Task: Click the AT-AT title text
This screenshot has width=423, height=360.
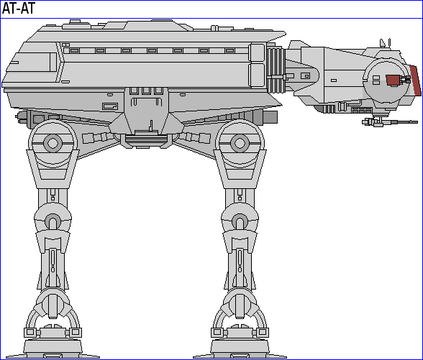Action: [19, 9]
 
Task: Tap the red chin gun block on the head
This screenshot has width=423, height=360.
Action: [393, 80]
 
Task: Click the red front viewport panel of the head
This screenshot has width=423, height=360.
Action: [416, 80]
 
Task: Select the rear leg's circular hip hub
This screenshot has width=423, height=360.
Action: [53, 143]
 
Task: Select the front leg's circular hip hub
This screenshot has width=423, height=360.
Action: [240, 143]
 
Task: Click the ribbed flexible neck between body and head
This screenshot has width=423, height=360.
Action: [276, 70]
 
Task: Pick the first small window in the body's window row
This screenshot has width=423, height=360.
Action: [74, 50]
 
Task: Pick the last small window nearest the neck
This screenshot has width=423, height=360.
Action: [229, 50]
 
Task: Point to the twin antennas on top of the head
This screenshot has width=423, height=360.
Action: [386, 42]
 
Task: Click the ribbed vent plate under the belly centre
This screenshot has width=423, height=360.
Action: [146, 139]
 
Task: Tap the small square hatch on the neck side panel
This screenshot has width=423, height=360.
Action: [305, 75]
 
